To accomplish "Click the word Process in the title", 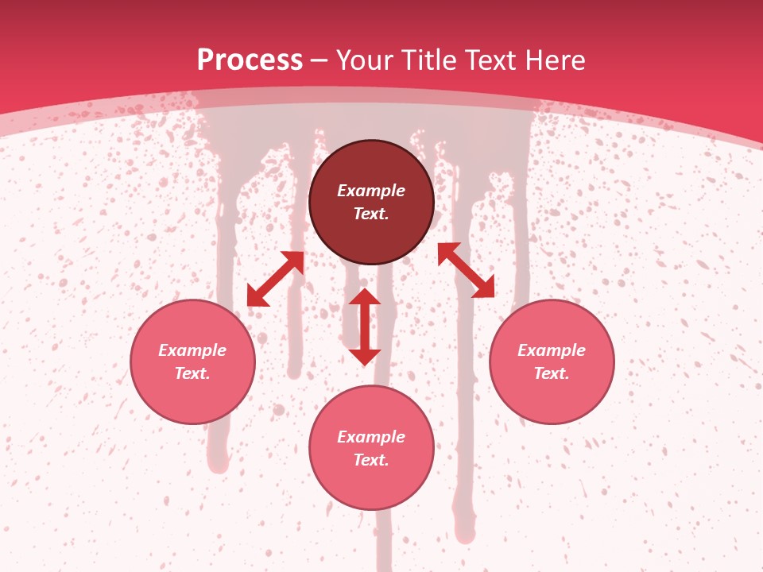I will point(250,60).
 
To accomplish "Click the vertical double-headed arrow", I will point(365,327).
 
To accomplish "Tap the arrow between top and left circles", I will point(276,279).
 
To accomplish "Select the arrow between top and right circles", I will point(466,270).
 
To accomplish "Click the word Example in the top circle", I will point(371,191).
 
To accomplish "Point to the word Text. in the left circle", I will point(192,373).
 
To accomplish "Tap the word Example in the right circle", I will point(552,350).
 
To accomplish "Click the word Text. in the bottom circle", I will point(371,460).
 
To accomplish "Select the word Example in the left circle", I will point(192,350).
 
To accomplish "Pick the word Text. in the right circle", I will point(552,373).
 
